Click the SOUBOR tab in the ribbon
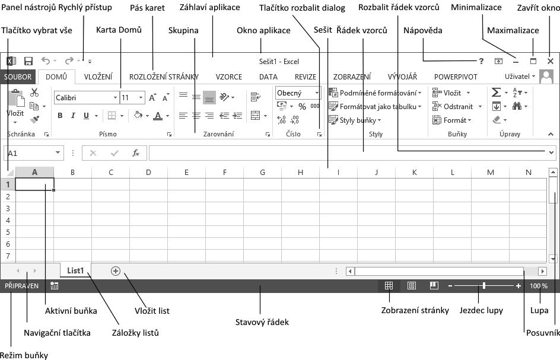click(18, 77)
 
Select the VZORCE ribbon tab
click(228, 77)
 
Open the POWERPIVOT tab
click(456, 77)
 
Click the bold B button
click(60, 116)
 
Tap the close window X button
click(551, 61)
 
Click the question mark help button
click(481, 61)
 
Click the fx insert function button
click(136, 153)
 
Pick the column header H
click(300, 173)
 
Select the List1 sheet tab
click(75, 270)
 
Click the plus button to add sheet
click(116, 271)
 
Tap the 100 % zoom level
click(539, 286)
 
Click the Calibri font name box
click(85, 97)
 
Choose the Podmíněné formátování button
click(376, 93)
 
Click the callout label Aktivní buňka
click(71, 311)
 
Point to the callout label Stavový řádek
click(262, 322)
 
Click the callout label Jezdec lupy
click(481, 310)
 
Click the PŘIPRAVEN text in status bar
click(22, 286)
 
